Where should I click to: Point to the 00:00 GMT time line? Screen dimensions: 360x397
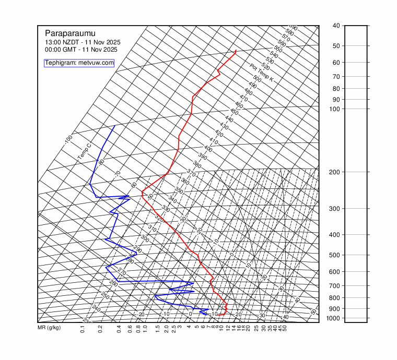tap(81, 50)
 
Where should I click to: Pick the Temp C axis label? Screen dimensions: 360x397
tap(84, 151)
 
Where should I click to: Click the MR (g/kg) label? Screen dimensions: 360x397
tap(49, 328)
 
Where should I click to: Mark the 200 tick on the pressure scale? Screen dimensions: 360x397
tap(336, 172)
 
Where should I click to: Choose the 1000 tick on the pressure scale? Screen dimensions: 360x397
tap(336, 318)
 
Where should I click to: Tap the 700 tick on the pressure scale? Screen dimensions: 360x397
tap(336, 285)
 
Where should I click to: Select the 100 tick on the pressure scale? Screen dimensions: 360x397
tap(336, 109)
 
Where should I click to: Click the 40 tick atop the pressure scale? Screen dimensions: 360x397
tap(336, 26)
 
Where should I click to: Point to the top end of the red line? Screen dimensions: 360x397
tap(236, 51)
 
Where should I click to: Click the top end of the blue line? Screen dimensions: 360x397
tap(115, 126)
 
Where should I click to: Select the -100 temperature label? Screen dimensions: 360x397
tap(68, 139)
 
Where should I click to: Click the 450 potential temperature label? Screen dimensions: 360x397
tap(234, 112)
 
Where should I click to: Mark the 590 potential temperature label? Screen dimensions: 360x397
tap(293, 28)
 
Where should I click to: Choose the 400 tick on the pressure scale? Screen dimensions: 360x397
tap(336, 235)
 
